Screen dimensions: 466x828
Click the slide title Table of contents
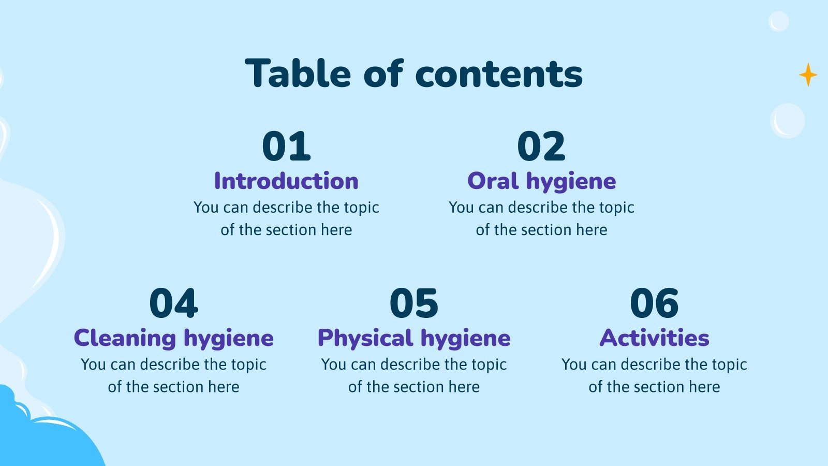[x=414, y=74]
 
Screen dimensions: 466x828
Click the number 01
[x=286, y=147]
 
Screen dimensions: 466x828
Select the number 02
[x=541, y=147]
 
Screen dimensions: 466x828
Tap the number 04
[x=173, y=303]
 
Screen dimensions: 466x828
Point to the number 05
[x=413, y=303]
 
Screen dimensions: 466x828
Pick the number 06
[x=654, y=303]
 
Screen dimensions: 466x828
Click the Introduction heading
[x=286, y=181]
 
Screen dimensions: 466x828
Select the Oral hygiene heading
[x=541, y=181]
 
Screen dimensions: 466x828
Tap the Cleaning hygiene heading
[x=173, y=338]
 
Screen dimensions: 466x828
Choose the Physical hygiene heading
[x=413, y=338]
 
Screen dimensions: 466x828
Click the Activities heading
[x=654, y=338]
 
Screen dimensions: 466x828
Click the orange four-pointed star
[x=808, y=75]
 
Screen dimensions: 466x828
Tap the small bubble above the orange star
[x=778, y=21]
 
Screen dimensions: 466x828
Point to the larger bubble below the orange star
[x=788, y=121]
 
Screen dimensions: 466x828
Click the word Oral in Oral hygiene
[x=493, y=181]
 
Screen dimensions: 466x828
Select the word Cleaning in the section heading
[x=125, y=338]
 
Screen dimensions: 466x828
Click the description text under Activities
[x=654, y=375]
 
